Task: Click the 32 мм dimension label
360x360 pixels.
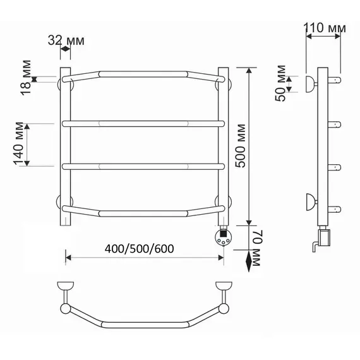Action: tap(66, 41)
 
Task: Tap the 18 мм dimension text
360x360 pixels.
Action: tap(26, 78)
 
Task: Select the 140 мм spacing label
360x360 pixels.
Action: tap(19, 144)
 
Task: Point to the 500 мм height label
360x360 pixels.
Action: tap(241, 146)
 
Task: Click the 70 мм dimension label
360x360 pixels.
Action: tap(258, 248)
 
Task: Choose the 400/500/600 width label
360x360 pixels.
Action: tap(139, 249)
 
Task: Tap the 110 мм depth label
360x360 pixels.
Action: tap(325, 28)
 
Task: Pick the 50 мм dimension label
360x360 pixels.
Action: tap(280, 83)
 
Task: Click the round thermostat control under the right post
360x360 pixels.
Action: tap(224, 237)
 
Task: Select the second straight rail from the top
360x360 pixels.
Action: tap(143, 124)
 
